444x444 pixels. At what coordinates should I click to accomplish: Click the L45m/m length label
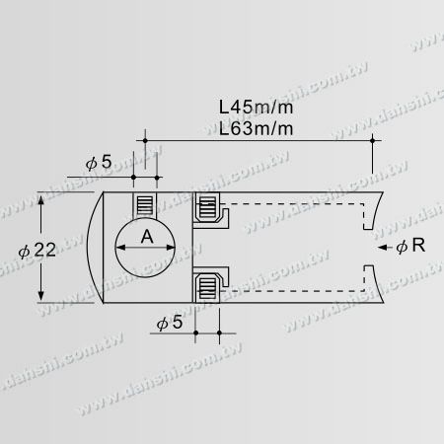click(256, 108)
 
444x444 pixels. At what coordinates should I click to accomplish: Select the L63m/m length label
click(256, 128)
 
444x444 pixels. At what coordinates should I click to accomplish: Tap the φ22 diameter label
click(37, 251)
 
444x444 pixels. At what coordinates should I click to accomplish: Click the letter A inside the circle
click(147, 237)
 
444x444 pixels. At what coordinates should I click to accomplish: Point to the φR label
click(410, 246)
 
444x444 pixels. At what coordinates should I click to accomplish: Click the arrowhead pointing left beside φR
click(383, 248)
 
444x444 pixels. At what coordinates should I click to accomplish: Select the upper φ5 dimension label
click(99, 162)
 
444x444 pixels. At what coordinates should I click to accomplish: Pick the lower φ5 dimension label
click(170, 323)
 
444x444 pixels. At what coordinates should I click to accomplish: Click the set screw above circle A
click(145, 205)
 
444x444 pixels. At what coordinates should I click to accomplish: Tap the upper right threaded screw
click(208, 206)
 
